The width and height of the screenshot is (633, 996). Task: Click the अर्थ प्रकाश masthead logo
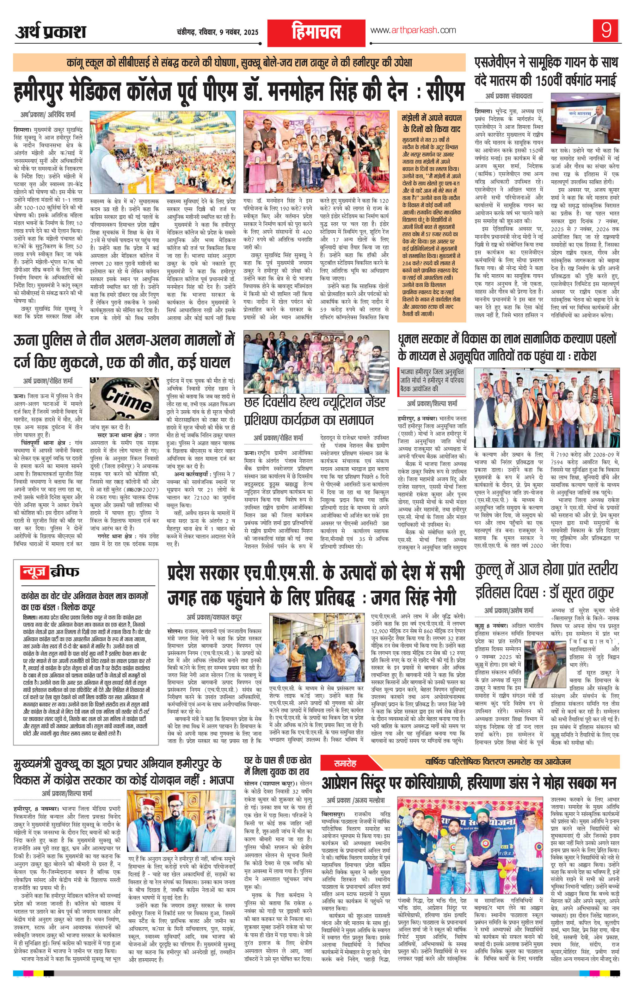coord(51,31)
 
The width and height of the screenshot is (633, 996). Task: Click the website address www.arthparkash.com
coord(413,30)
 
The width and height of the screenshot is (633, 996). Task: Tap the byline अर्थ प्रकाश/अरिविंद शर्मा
coord(48,114)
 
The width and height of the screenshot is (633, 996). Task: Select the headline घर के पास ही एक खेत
coord(277,761)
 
